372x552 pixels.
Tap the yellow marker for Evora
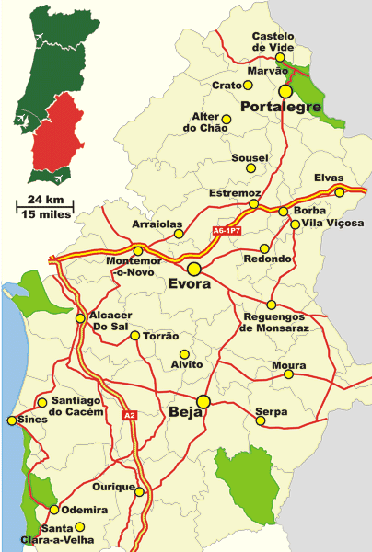194,269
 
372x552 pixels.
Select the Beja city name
185,414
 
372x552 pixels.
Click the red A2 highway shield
128,416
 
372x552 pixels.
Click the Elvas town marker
339,192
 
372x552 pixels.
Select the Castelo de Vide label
273,42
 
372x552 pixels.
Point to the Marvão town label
267,71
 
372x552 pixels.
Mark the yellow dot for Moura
289,374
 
